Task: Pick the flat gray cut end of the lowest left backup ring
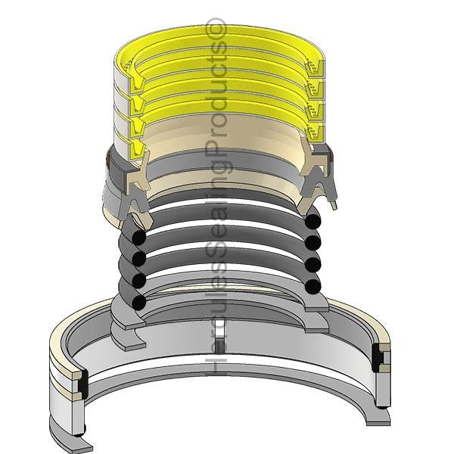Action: (x=126, y=336)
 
